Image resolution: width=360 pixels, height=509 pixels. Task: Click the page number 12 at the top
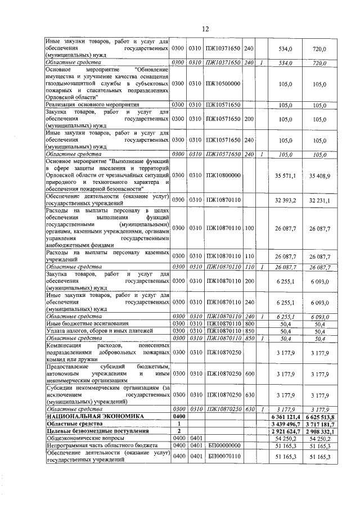pyautogui.click(x=205, y=29)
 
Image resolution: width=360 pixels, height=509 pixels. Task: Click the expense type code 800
pyautogui.click(x=250, y=324)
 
